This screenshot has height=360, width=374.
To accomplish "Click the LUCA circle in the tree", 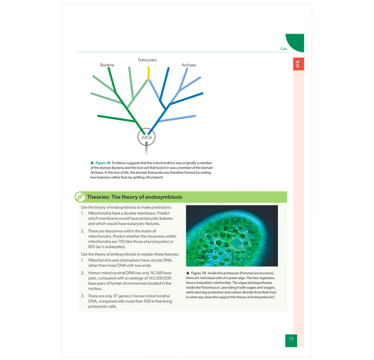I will [x=146, y=136].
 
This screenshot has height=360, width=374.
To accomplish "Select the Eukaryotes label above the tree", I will [x=147, y=60].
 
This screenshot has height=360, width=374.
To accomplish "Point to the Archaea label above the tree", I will [x=189, y=65].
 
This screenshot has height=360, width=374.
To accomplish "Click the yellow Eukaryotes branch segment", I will [x=148, y=73].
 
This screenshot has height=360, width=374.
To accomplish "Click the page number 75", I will [x=291, y=339].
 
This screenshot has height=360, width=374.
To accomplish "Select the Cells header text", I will [x=284, y=49].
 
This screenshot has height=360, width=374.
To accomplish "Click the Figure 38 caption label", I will [x=102, y=163].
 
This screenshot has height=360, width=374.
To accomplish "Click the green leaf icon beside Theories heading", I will [x=80, y=197].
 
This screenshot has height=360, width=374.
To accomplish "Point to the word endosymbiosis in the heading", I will [x=163, y=197].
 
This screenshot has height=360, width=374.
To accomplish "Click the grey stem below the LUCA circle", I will [x=146, y=150].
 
